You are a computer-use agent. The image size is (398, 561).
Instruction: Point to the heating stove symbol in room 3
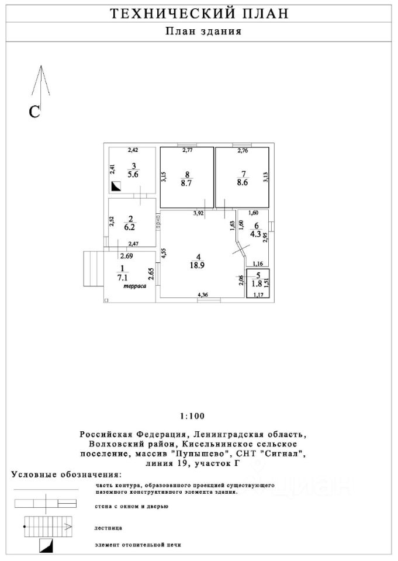[116, 186]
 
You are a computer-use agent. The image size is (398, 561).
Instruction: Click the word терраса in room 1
[133, 287]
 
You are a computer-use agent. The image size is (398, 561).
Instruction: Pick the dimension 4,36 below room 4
[203, 295]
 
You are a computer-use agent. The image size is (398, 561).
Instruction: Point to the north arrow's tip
[40, 67]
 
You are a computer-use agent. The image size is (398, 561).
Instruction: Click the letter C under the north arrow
[35, 112]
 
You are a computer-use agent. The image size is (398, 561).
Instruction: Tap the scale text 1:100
[192, 416]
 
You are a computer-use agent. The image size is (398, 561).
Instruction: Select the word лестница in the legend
[109, 527]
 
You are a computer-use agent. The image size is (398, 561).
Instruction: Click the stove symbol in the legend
[46, 546]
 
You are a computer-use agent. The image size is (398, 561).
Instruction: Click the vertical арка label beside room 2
[157, 221]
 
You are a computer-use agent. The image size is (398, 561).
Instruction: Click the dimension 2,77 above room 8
[188, 151]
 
